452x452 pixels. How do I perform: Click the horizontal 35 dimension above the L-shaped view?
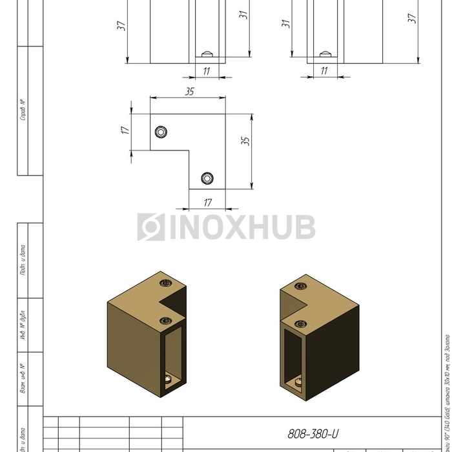[x=189, y=92]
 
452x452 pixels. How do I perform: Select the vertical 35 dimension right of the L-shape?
[x=245, y=140]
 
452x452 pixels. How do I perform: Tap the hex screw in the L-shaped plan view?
[x=161, y=132]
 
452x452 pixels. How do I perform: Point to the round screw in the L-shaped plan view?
[x=207, y=178]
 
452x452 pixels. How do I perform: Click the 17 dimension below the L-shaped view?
[x=207, y=202]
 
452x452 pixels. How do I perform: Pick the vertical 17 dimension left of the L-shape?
[x=125, y=130]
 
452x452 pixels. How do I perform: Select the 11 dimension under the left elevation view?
[x=206, y=71]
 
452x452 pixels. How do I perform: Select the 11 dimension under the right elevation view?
[x=324, y=71]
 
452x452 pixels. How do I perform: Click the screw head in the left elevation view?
[x=208, y=54]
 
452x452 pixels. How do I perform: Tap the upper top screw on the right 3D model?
[x=299, y=286]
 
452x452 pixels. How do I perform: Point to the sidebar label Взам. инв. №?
[x=23, y=379]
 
